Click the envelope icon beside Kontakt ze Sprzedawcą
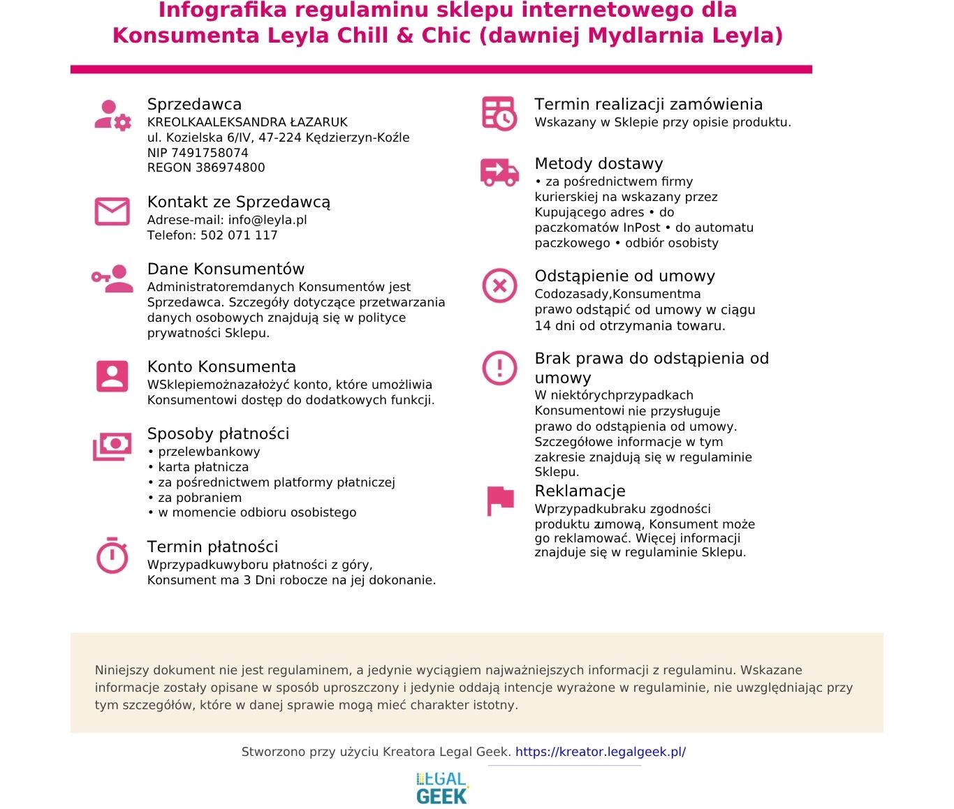(x=112, y=211)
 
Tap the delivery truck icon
(x=499, y=172)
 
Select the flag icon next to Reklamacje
(x=499, y=500)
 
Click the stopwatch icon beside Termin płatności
(x=112, y=556)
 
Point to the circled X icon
(x=499, y=285)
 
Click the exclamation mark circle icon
(x=499, y=368)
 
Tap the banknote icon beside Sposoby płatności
(x=112, y=446)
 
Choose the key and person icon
(x=112, y=278)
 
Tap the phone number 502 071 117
(x=239, y=235)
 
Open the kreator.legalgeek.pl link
(x=600, y=752)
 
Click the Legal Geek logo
(x=441, y=788)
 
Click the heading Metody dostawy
(x=599, y=163)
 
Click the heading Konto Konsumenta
(x=221, y=366)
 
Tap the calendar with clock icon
(x=499, y=113)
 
